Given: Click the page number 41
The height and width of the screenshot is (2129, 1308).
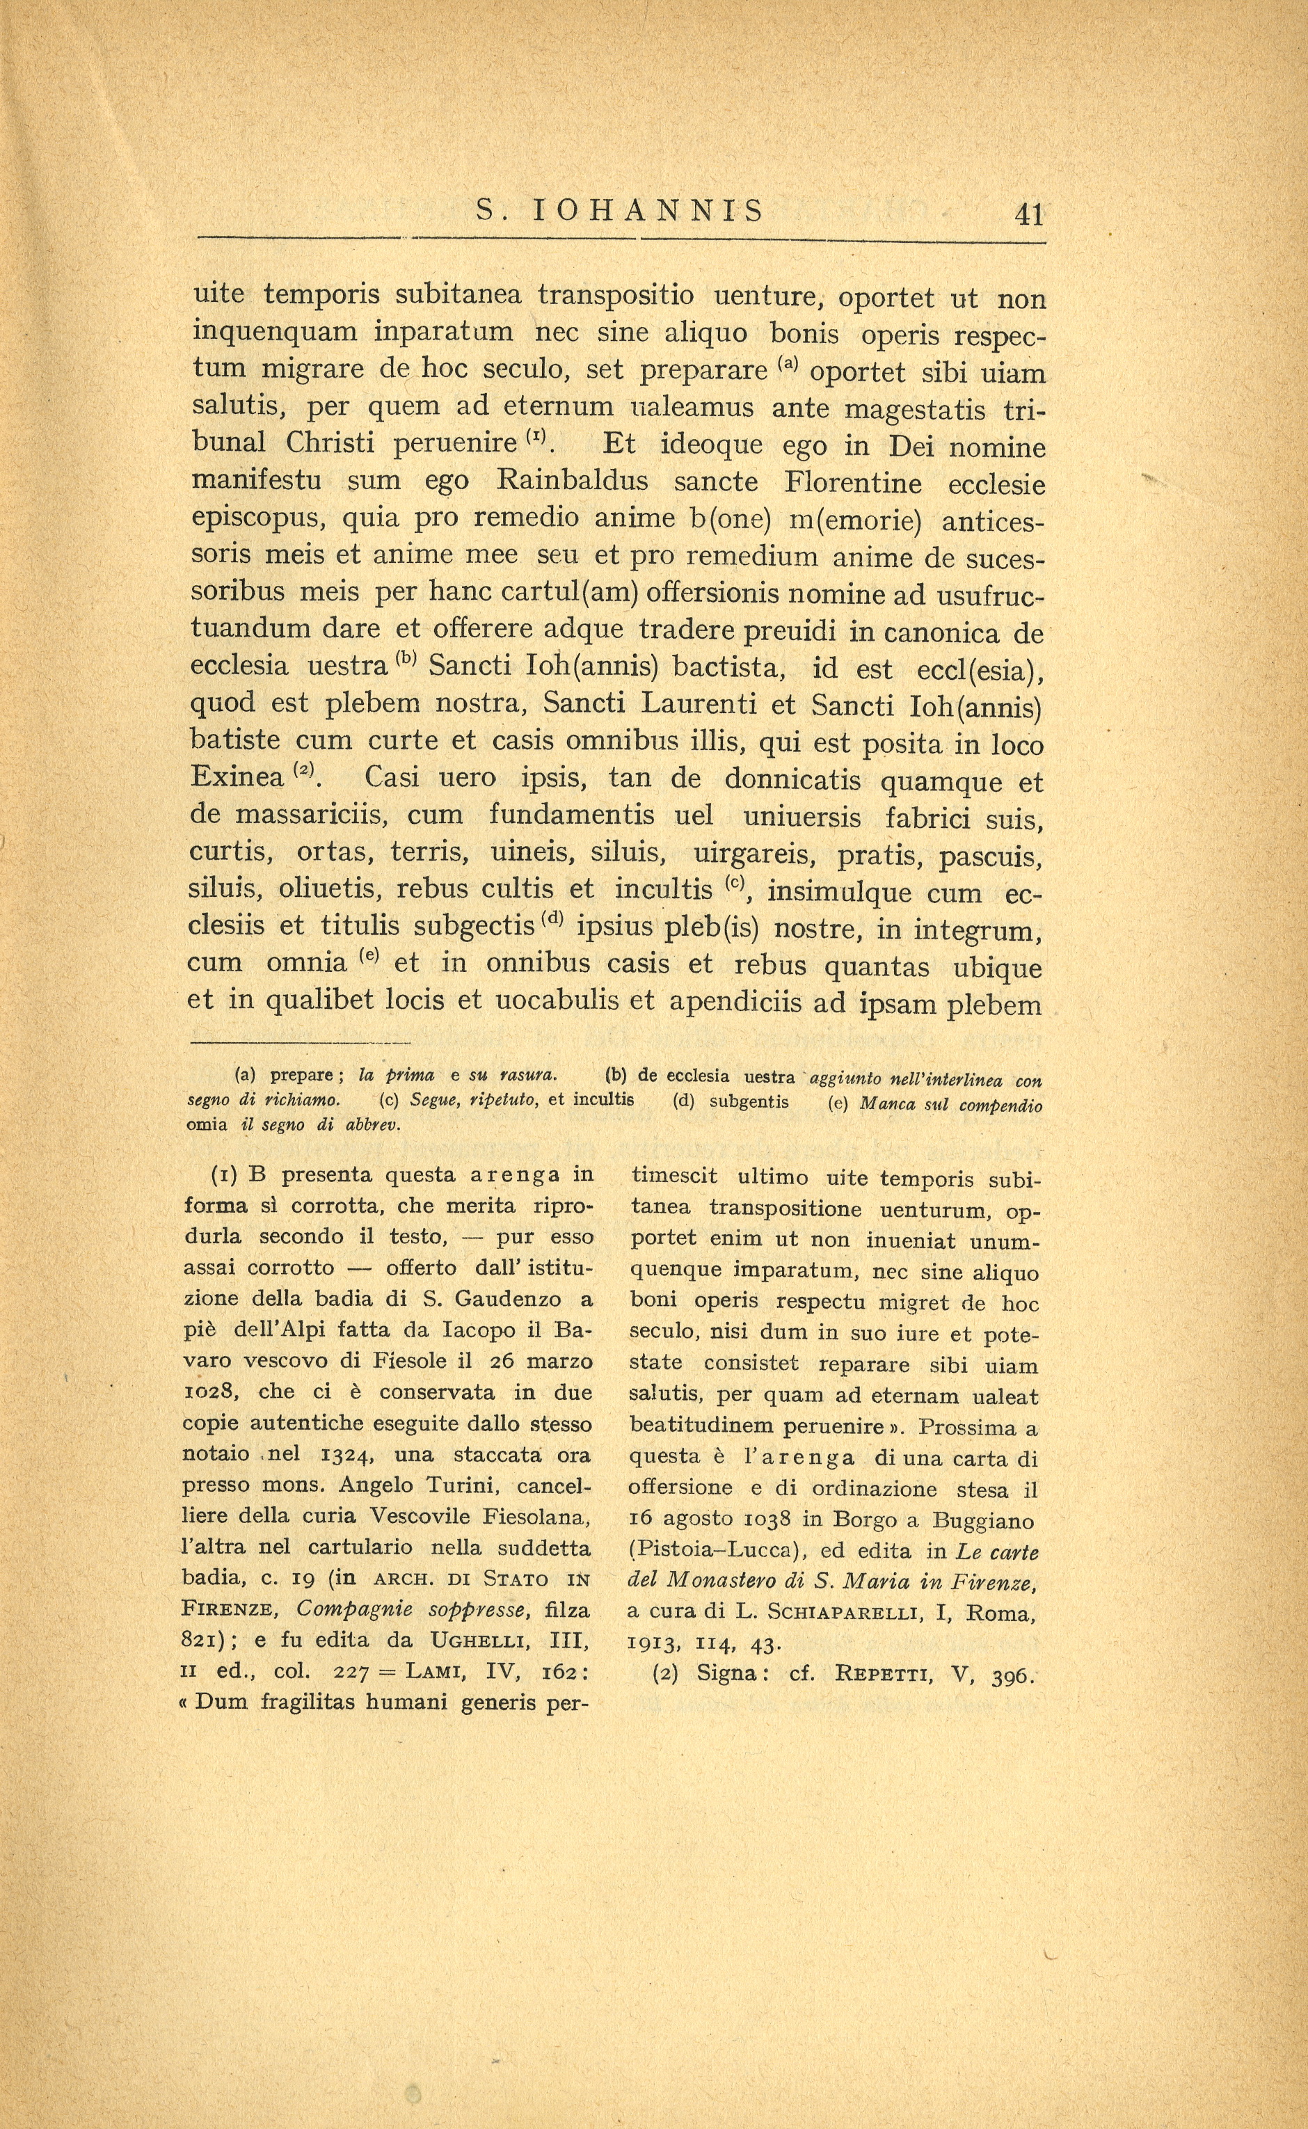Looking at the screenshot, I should coord(1030,214).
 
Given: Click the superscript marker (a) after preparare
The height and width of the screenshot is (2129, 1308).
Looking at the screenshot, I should coord(788,364).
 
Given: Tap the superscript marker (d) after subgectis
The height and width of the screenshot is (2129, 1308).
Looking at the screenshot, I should coord(552,920).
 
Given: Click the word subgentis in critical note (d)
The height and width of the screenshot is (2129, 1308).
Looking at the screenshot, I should coord(749,1103).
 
